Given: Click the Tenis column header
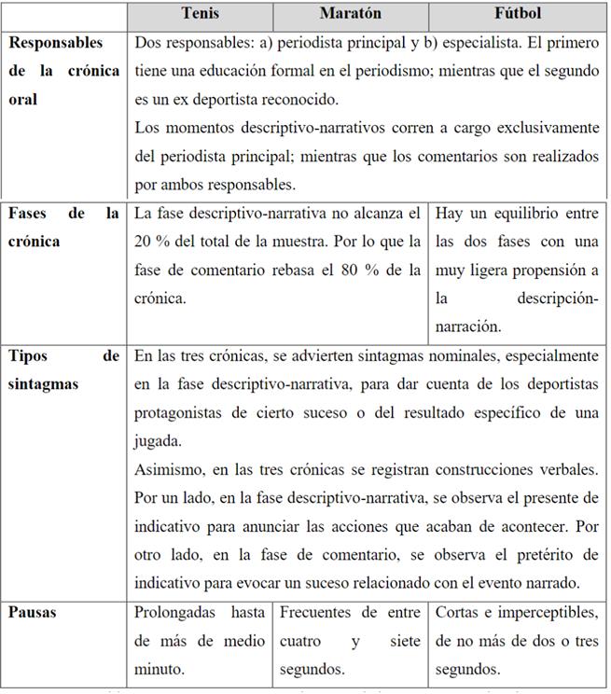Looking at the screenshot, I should [201, 15].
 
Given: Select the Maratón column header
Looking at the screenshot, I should [351, 15].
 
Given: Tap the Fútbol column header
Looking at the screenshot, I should [517, 15].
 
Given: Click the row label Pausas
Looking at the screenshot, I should [32, 613].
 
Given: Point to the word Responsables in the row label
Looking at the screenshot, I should [56, 43].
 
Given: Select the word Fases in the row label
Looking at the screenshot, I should [29, 214].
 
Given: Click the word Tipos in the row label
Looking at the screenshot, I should [29, 355].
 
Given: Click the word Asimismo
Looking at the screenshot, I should [168, 469].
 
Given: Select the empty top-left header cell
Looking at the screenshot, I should [65, 15].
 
